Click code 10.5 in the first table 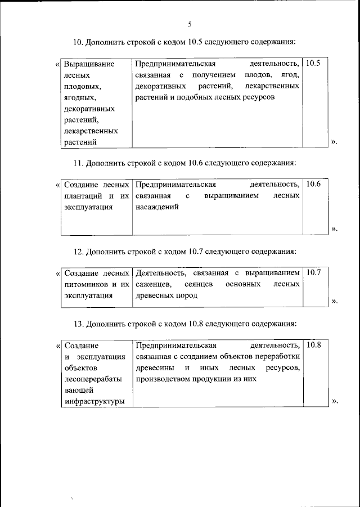(311, 64)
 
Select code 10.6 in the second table (311, 184)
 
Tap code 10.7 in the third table (311, 272)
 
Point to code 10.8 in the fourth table (311, 344)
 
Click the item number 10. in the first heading (78, 41)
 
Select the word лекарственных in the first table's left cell (91, 131)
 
